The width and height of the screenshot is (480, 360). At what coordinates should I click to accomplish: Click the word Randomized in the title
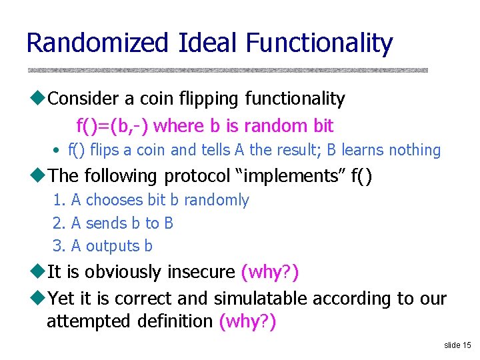(98, 43)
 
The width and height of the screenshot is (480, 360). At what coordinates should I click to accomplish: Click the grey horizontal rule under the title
(227, 70)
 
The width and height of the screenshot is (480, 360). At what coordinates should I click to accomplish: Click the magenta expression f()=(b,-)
(113, 125)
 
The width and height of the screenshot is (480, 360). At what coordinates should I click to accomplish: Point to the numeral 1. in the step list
(59, 200)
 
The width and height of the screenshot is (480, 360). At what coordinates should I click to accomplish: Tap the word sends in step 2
(105, 223)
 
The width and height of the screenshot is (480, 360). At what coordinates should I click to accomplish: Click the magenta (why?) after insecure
(269, 272)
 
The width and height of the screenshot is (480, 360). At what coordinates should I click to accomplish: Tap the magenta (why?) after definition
(247, 321)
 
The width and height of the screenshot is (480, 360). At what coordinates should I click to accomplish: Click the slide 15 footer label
(457, 345)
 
